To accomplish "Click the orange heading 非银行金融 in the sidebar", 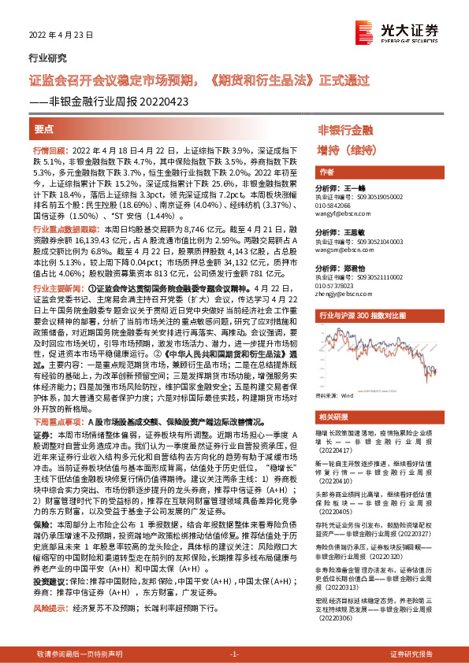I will (x=345, y=128).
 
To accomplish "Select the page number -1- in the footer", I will (x=234, y=654).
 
